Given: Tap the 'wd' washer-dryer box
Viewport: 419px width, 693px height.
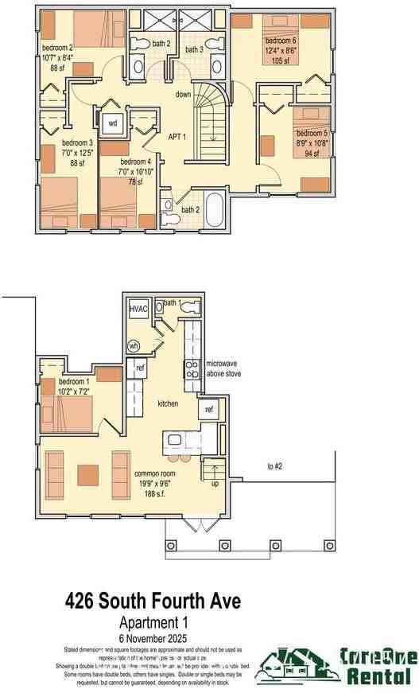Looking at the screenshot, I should (x=112, y=123).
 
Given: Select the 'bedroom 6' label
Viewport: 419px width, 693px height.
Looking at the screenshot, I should (x=281, y=41).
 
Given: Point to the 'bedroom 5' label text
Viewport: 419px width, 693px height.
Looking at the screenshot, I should (x=310, y=133).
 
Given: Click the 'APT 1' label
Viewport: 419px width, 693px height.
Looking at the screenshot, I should (x=177, y=136).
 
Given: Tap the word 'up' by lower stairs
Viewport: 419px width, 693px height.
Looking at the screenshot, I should (x=213, y=484).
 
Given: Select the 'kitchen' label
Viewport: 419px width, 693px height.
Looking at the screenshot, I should (x=168, y=404).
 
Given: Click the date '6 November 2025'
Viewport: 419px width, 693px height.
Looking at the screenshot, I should (x=153, y=637).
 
